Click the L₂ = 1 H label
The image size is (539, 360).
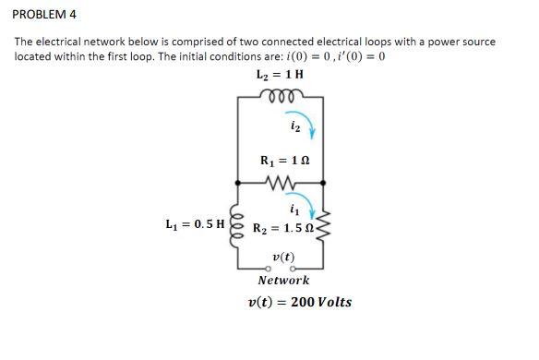click(280, 75)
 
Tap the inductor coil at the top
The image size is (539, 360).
click(280, 93)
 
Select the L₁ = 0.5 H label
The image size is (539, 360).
click(196, 223)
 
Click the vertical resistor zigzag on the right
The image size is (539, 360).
click(323, 227)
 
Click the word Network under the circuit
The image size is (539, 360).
click(283, 280)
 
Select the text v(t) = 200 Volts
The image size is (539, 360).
click(300, 302)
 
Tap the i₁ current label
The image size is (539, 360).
click(292, 206)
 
